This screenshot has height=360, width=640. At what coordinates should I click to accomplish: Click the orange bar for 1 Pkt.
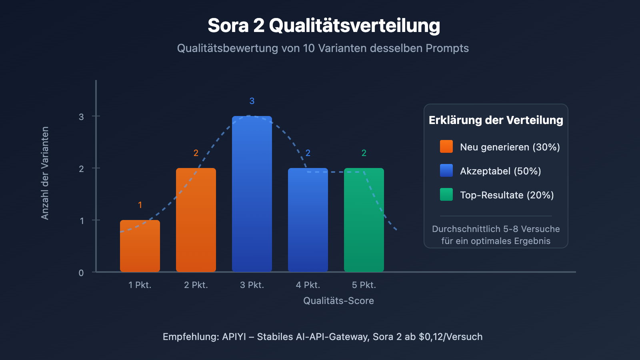tap(140, 246)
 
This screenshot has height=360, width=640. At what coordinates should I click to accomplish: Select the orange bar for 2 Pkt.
tap(196, 220)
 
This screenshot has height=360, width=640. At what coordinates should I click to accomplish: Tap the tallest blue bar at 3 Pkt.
tap(252, 194)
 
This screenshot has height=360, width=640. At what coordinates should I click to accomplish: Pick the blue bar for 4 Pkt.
tap(308, 220)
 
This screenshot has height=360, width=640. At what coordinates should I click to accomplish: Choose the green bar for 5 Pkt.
tap(364, 220)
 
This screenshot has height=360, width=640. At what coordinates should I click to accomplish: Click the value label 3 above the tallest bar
tap(252, 101)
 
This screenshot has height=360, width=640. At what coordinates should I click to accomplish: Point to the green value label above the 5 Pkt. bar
tap(364, 153)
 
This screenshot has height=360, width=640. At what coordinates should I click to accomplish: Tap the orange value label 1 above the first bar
tap(140, 205)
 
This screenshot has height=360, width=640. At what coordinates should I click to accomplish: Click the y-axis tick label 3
tap(82, 117)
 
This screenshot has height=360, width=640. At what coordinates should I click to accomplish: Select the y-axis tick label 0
tap(81, 273)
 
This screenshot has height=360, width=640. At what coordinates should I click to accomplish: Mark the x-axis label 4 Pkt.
tap(308, 285)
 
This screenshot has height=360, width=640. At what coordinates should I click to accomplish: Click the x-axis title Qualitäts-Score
tap(338, 301)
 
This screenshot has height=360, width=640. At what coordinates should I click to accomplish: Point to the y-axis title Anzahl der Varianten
tap(45, 173)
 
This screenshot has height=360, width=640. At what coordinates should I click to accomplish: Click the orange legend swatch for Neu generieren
tap(446, 146)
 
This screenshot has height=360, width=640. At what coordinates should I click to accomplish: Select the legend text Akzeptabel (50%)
tap(500, 171)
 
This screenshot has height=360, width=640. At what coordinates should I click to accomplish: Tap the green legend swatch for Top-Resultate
tap(446, 194)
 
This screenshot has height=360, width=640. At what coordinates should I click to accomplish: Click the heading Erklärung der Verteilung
tap(496, 120)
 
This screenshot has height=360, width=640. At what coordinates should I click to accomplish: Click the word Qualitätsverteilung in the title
tap(354, 26)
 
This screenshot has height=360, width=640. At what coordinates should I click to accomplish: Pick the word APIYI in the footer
tap(234, 337)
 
